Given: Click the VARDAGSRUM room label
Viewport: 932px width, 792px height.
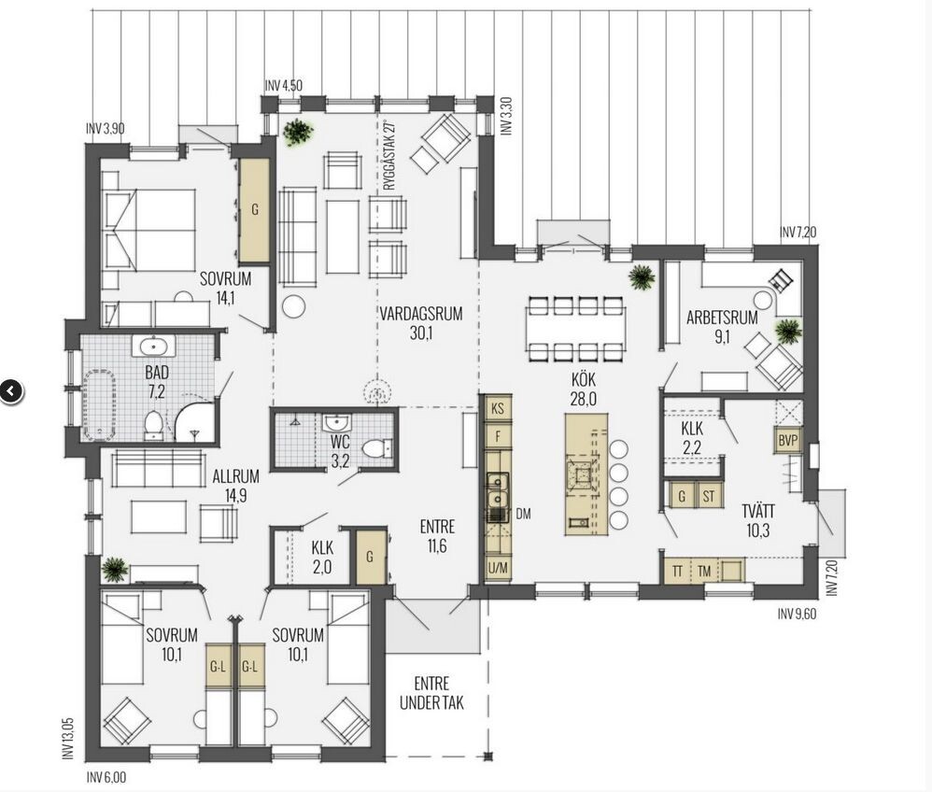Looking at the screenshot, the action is (421, 314).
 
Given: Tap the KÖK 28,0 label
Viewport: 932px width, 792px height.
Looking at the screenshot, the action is (583, 389).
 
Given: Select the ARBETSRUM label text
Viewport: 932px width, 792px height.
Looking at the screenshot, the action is (722, 317).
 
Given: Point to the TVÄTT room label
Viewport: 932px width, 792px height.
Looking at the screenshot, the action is (758, 511).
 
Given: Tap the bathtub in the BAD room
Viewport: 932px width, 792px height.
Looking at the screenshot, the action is (99, 405).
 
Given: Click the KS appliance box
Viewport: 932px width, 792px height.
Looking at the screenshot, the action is (498, 408).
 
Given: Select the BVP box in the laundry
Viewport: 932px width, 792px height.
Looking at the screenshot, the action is (787, 441).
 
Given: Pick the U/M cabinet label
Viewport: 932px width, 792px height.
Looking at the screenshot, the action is (498, 569).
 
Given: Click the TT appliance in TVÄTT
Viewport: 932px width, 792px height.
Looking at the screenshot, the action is (676, 572).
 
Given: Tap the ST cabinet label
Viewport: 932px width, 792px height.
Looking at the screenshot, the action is (708, 496).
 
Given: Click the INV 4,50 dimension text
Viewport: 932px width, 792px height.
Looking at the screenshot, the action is (284, 86).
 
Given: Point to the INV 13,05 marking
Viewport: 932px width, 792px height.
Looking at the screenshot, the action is (68, 738).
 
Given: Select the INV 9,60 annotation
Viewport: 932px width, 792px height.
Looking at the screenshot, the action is (798, 614).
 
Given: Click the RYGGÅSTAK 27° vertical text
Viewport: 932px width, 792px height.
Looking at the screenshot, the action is (389, 156).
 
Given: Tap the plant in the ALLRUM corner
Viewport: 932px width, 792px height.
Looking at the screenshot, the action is (114, 569).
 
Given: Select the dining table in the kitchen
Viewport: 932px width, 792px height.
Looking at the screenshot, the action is (575, 330).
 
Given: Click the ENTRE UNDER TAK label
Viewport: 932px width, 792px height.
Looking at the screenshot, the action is (431, 693).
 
